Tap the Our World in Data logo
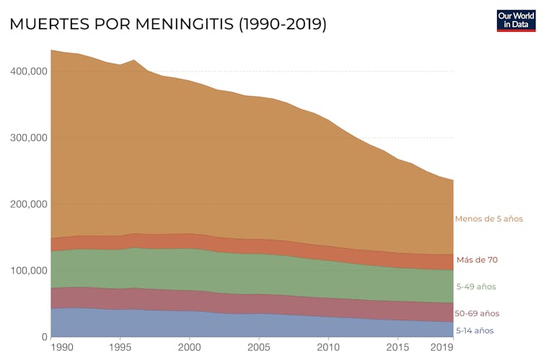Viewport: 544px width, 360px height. [x=517, y=21]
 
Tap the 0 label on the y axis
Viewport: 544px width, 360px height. [x=43, y=337]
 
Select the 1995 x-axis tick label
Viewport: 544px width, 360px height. [x=119, y=348]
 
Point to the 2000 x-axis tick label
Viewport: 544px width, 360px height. [x=188, y=348]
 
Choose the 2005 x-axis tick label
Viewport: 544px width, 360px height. [x=258, y=348]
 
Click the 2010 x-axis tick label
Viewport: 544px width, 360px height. [x=328, y=348]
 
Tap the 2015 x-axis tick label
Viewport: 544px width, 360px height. [x=398, y=348]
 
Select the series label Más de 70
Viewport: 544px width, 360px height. [x=477, y=260]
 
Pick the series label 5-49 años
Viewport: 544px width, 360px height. [x=476, y=286]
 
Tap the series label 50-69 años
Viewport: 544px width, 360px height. [x=477, y=313]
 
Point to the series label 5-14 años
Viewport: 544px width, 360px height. [x=475, y=330]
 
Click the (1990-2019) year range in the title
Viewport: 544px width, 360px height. [x=282, y=24]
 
